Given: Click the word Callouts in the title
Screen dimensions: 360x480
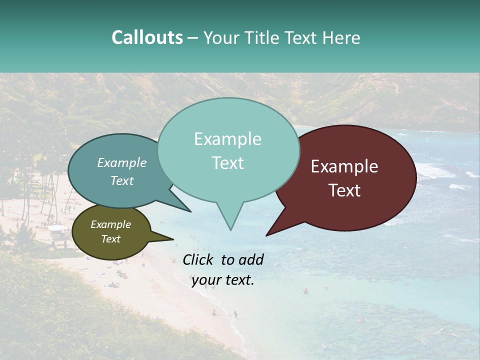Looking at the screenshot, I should [x=147, y=37].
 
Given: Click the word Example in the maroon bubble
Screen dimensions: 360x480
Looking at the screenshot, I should [x=344, y=166].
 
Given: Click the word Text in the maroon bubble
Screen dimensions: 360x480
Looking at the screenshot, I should [x=344, y=190].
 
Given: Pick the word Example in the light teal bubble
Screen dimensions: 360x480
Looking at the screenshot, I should [x=227, y=139].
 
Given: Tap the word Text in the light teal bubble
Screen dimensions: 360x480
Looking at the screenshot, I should [x=227, y=163].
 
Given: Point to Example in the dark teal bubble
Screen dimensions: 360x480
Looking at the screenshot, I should [x=122, y=162].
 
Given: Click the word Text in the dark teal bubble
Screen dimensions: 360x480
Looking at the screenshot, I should [x=122, y=180].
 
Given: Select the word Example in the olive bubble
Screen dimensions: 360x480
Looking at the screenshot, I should [x=110, y=224].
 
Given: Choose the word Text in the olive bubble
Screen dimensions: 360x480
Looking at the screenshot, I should [x=110, y=239].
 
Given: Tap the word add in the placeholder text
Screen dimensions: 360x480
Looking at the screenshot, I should [x=252, y=259].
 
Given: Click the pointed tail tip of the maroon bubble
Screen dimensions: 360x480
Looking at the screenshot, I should [x=266, y=235].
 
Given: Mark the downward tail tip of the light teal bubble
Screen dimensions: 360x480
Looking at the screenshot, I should [x=230, y=230].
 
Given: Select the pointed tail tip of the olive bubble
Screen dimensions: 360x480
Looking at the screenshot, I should [x=173, y=239].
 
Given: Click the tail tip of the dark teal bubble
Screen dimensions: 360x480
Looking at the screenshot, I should [x=191, y=211].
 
